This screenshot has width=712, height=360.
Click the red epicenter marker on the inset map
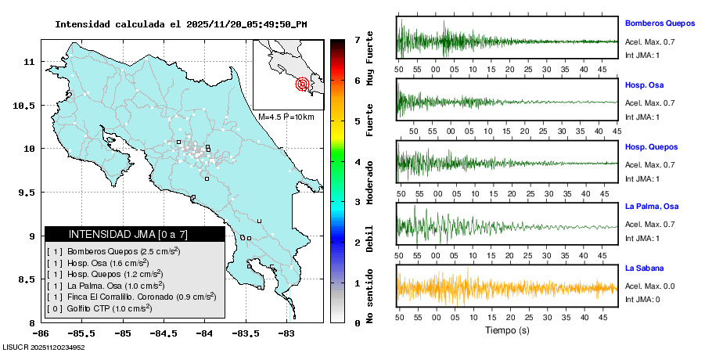303,84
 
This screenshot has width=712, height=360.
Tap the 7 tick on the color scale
356,39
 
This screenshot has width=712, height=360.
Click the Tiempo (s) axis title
507,330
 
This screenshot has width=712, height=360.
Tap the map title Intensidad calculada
180,24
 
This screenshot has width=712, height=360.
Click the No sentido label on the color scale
369,294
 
